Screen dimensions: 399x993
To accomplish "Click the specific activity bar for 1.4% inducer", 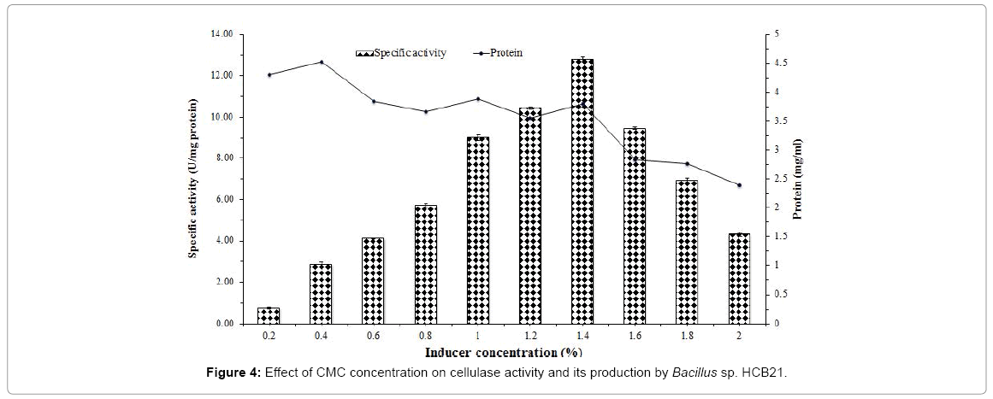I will pyautogui.click(x=582, y=191).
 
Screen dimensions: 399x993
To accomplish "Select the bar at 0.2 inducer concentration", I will pyautogui.click(x=269, y=315).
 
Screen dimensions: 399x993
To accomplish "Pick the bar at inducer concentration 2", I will pyautogui.click(x=739, y=279).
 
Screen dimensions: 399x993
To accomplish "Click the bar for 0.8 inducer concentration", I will pyautogui.click(x=426, y=265).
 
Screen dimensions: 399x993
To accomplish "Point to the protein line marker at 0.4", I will pyautogui.click(x=322, y=62).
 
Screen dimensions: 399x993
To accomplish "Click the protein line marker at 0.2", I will pyautogui.click(x=269, y=75).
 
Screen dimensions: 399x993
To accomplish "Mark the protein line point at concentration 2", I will pyautogui.click(x=739, y=185).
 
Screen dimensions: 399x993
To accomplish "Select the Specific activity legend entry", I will pyautogui.click(x=401, y=53).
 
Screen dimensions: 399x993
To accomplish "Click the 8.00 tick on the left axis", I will pyautogui.click(x=223, y=158).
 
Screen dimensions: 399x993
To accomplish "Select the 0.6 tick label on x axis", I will pyautogui.click(x=374, y=337).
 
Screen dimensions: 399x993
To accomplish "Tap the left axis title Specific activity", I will pyautogui.click(x=194, y=179).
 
